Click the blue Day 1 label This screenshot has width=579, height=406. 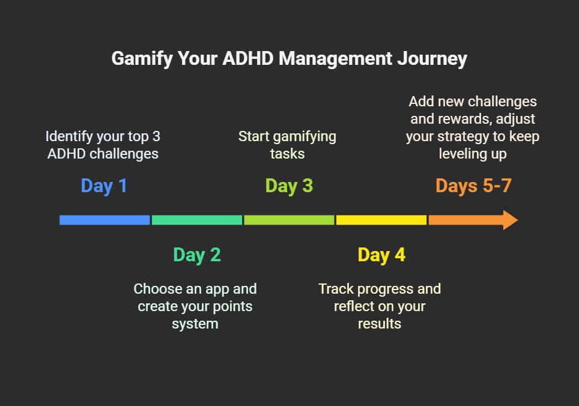tap(104, 186)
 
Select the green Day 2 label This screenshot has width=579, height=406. tap(197, 255)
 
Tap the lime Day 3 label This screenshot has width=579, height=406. tap(289, 186)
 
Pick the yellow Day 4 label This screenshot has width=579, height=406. tap(381, 255)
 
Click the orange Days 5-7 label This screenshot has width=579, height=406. tap(473, 186)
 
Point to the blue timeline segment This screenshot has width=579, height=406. tap(105, 220)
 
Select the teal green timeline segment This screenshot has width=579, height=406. tap(197, 220)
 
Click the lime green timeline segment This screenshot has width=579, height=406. tap(289, 220)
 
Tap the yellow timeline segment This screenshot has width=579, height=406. tap(381, 220)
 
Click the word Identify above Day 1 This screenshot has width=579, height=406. tap(68, 136)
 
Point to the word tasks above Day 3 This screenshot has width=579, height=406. tap(287, 154)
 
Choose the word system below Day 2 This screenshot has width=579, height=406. tap(195, 324)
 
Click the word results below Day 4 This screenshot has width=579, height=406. tap(380, 324)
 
